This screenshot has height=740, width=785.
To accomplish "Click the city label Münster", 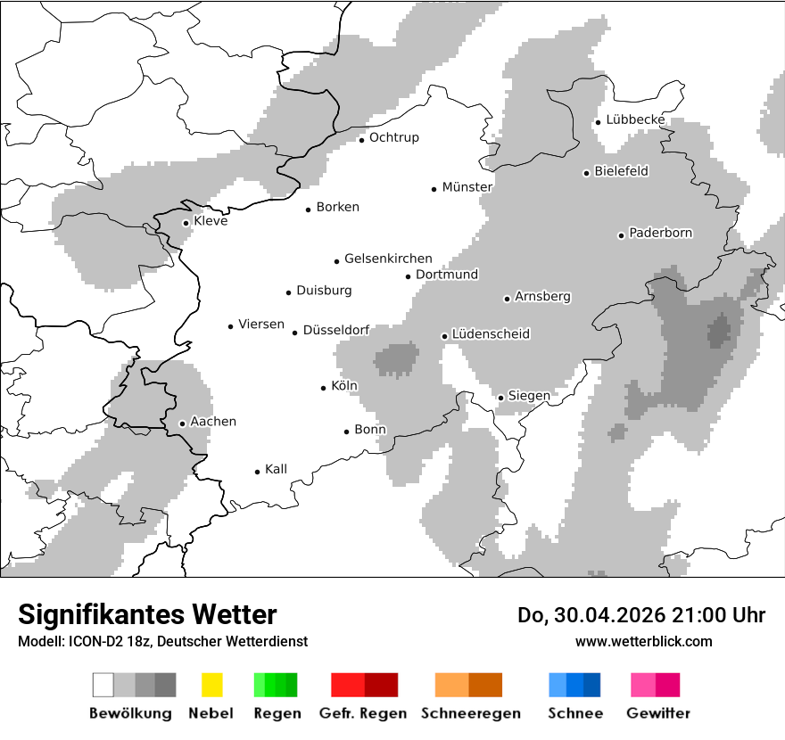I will click(467, 187).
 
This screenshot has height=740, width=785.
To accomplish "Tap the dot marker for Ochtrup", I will click(362, 139).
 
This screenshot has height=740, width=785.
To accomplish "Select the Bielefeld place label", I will click(621, 171).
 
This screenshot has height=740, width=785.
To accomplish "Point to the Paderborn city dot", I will click(622, 235).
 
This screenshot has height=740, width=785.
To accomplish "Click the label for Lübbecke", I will click(635, 119).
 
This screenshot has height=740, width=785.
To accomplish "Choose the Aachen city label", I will click(213, 422).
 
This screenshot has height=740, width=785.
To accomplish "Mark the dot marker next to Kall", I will click(258, 472).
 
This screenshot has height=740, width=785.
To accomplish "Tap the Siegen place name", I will click(529, 395).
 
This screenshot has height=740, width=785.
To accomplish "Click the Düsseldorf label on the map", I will click(336, 330).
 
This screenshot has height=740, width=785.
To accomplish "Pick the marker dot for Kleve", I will click(186, 223).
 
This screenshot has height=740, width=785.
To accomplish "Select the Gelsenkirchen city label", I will click(388, 259).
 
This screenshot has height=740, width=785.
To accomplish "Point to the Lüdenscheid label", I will click(491, 334).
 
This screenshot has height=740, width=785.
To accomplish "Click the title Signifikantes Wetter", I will click(147, 615).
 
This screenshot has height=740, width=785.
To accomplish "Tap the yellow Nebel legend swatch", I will click(211, 685).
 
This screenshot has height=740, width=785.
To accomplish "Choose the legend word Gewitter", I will click(658, 713).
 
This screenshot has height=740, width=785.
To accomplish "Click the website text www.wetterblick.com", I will click(643, 642).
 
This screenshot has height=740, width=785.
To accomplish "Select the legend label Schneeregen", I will click(471, 713).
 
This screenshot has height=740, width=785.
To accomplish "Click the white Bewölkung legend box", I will click(103, 685).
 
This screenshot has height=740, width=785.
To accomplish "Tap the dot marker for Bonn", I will click(347, 432).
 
